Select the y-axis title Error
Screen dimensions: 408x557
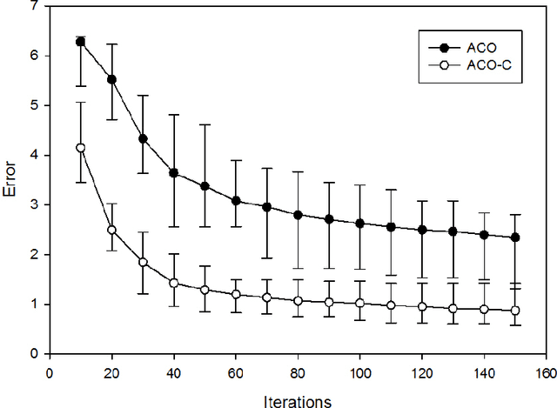[x=11, y=180]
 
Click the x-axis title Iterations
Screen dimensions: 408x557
[x=299, y=400]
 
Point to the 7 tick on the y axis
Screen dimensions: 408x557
[x=36, y=6]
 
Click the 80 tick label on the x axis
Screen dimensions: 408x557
[x=298, y=370]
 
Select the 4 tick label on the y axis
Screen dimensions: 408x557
[x=36, y=155]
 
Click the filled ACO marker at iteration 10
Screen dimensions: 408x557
[x=80, y=42]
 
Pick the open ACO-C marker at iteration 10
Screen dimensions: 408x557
[x=80, y=148]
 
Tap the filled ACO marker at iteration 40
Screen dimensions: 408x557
[x=173, y=173]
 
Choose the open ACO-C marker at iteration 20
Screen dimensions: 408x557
[x=111, y=230]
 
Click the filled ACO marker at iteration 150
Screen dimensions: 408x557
[x=516, y=237]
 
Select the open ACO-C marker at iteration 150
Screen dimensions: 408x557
[x=516, y=311]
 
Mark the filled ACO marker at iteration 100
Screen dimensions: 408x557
[x=360, y=224]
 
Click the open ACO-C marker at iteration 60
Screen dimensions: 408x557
[x=236, y=295]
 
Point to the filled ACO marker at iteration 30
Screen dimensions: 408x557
[x=143, y=138]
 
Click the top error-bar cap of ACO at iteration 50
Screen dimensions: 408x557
[x=205, y=124]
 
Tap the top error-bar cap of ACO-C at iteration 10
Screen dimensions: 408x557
[x=80, y=102]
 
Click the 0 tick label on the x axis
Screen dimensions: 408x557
[x=49, y=370]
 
